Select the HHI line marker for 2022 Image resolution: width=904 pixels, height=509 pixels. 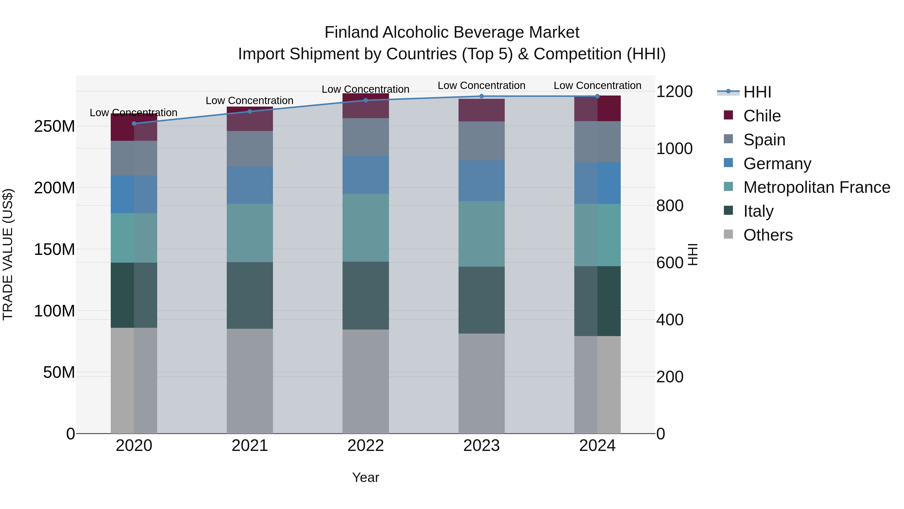[x=366, y=100]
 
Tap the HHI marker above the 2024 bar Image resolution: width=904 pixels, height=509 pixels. [x=597, y=96]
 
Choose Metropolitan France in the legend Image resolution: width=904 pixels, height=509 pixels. [x=816, y=187]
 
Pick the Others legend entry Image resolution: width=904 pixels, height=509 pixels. [x=768, y=235]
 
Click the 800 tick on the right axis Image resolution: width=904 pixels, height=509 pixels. [x=669, y=206]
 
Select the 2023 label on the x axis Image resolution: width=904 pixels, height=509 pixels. [x=481, y=445]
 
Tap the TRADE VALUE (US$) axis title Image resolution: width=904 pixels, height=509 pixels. [x=8, y=254]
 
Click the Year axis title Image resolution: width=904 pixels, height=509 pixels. [x=365, y=477]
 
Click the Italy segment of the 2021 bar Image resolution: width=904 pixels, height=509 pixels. [x=250, y=295]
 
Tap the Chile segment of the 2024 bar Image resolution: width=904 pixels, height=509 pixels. [x=597, y=109]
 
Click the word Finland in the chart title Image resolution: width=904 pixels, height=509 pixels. [x=351, y=32]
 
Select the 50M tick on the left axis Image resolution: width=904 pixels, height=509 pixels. [x=59, y=372]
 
